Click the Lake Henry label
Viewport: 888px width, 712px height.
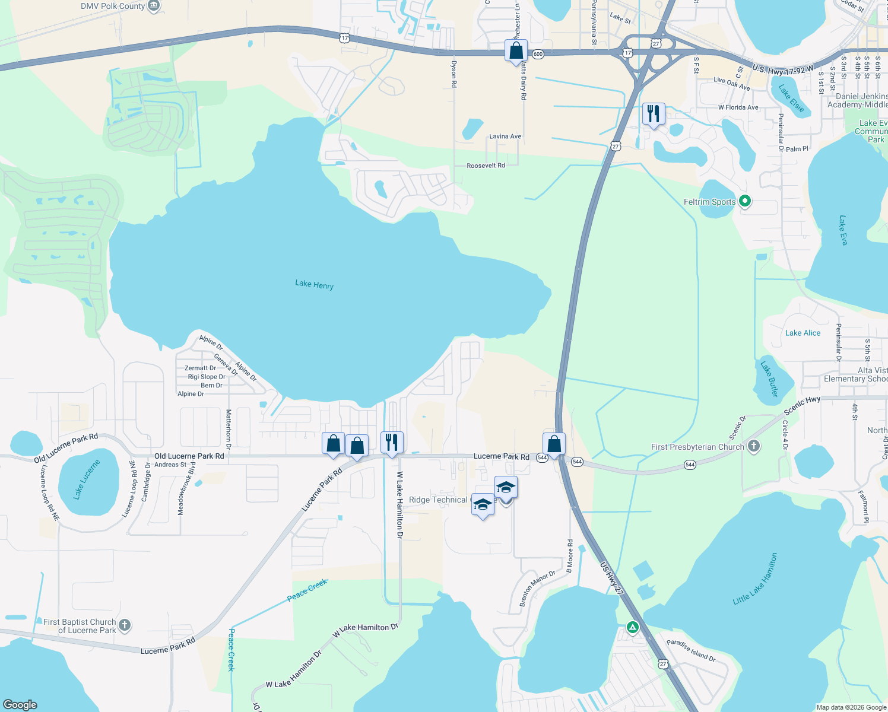pos(314,285)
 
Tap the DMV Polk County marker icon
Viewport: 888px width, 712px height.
pos(154,6)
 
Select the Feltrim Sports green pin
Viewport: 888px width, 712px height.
pos(745,202)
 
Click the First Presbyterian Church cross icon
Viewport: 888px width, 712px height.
pos(753,446)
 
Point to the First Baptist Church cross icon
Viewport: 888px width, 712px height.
pos(124,625)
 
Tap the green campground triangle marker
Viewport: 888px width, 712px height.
pos(633,627)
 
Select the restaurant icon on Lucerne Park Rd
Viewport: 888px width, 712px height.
pos(392,442)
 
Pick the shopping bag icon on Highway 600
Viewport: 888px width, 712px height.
pos(516,50)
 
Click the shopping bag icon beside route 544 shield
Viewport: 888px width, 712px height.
pos(554,443)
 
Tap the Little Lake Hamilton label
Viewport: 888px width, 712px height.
pos(755,579)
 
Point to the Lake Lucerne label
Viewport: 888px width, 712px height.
pos(87,479)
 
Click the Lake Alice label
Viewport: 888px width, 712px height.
pos(803,333)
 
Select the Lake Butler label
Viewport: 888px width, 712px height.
pos(769,379)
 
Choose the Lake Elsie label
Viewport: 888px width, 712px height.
pos(792,98)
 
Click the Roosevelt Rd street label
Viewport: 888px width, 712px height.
pos(486,166)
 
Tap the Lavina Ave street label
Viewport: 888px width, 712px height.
pos(505,136)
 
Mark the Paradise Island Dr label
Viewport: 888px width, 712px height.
pos(691,650)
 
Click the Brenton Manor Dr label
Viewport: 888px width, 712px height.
pos(537,589)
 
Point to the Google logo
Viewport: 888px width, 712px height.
pos(20,704)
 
